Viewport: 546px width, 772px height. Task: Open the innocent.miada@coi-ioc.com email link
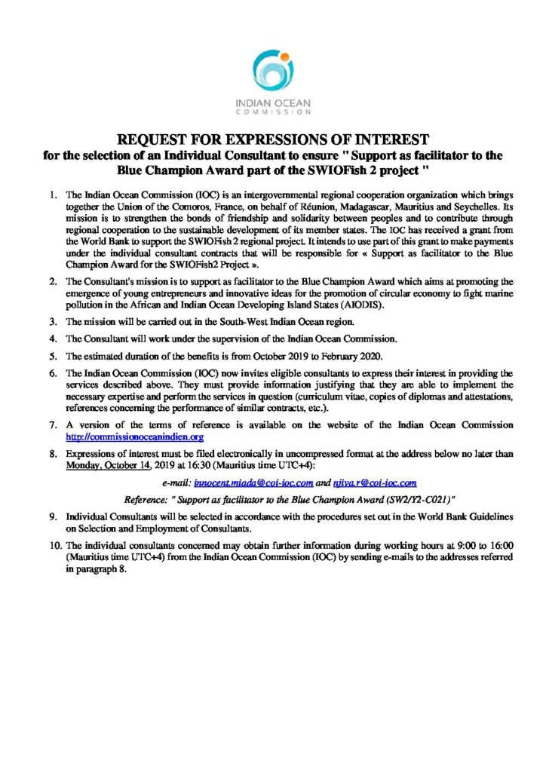(252, 481)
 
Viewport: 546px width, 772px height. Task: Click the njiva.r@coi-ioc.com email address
(375, 481)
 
